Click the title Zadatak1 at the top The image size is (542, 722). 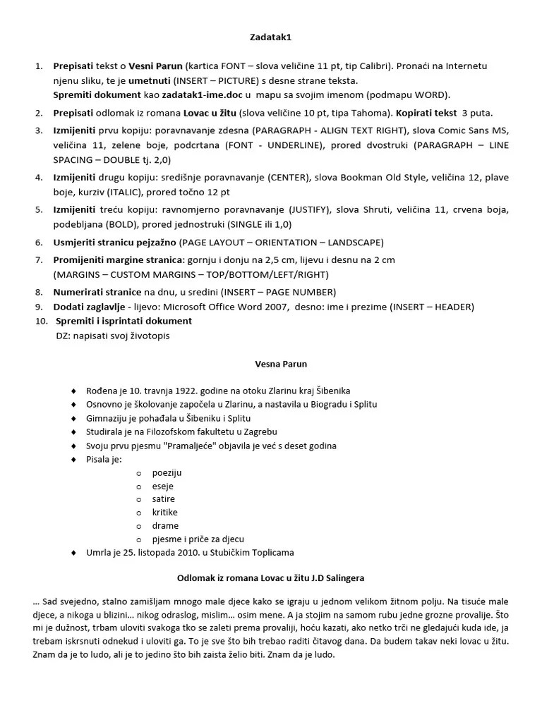(270, 36)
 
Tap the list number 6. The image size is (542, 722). (39, 242)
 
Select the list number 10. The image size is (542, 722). (40, 321)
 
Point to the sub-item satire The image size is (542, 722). (163, 499)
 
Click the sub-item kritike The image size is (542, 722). (165, 513)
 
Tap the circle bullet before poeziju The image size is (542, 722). (138, 473)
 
